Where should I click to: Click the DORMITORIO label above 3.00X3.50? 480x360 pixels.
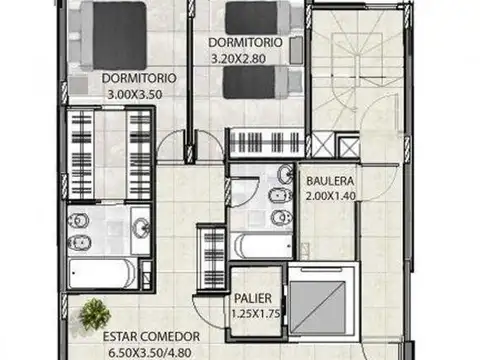[x=139, y=76]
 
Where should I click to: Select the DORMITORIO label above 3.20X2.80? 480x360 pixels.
[x=245, y=43]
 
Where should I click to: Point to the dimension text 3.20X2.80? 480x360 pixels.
[x=241, y=58]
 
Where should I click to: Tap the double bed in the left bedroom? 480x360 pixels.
[x=113, y=34]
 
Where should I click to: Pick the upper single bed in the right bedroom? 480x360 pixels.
[x=262, y=18]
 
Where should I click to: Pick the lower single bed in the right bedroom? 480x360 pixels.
[x=262, y=82]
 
